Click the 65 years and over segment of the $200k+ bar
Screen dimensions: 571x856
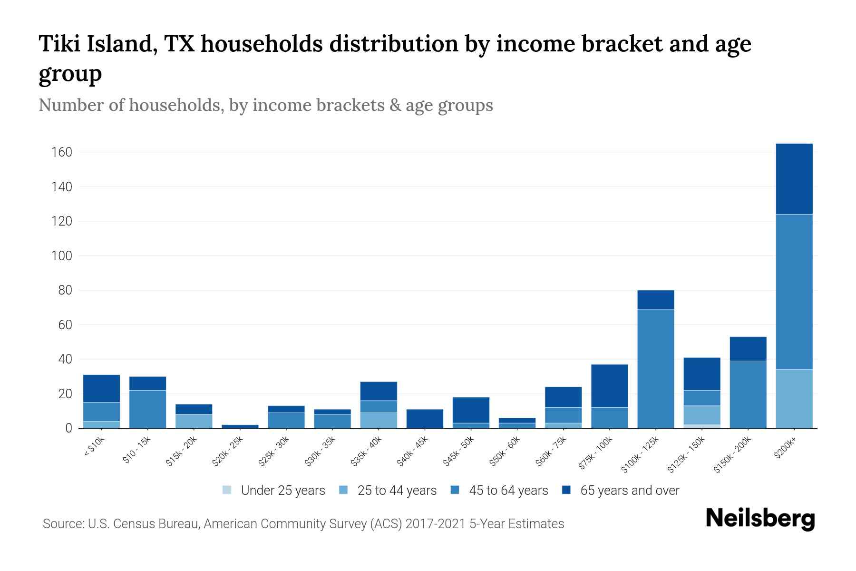click(794, 178)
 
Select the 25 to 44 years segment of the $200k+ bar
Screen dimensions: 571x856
click(794, 399)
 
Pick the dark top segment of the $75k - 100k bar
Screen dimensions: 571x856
click(610, 386)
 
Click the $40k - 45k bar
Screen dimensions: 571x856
click(425, 419)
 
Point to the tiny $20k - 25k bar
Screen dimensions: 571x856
click(240, 426)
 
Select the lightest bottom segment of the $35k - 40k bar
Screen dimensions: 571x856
click(379, 420)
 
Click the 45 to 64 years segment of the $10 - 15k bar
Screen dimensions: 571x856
click(148, 409)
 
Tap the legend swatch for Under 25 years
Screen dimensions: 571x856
click(227, 490)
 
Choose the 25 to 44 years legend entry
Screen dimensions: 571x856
click(397, 491)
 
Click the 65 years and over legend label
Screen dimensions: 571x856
click(630, 491)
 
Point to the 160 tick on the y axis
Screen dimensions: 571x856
click(62, 152)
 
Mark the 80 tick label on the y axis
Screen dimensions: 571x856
click(65, 290)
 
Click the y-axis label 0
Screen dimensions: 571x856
click(69, 428)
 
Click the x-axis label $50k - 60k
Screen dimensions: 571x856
click(505, 451)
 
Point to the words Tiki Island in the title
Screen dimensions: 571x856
click(97, 44)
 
